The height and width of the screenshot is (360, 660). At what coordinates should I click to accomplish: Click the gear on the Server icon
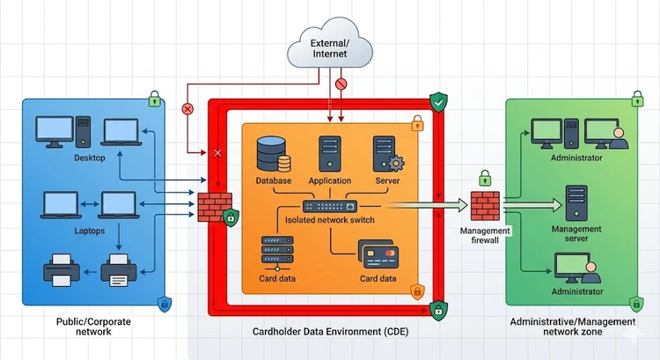point(395,164)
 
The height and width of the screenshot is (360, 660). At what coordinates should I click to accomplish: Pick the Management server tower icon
point(576,202)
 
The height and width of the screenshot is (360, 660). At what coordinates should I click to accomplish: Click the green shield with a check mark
point(437,104)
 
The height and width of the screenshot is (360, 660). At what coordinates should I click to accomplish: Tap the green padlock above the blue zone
point(154,98)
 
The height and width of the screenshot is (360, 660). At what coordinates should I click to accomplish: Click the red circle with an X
point(187,109)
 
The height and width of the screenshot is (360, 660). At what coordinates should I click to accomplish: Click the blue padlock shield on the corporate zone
point(163,305)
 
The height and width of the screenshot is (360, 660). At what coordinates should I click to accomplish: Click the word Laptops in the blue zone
point(89,231)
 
